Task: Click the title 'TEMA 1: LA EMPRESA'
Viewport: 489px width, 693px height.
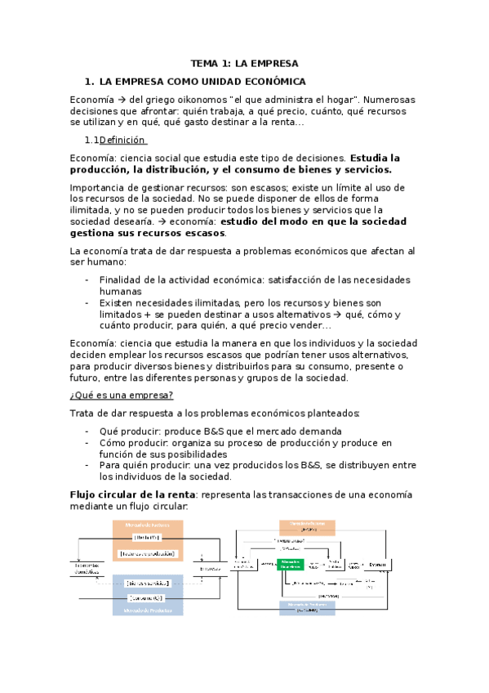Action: click(x=245, y=63)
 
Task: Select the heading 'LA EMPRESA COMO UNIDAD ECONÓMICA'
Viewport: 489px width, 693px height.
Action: click(x=202, y=82)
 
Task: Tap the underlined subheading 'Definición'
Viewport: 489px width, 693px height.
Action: click(x=122, y=140)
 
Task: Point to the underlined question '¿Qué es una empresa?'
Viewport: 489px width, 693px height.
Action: click(x=121, y=395)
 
